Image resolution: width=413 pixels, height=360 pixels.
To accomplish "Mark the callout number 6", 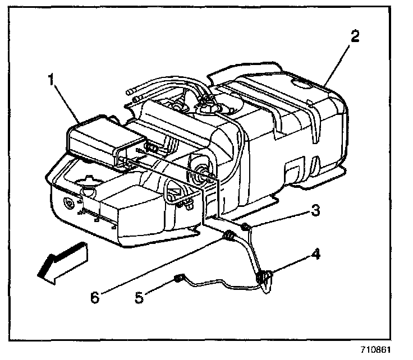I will [95, 297].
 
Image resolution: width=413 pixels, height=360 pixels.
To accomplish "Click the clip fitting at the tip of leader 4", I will [263, 277].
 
